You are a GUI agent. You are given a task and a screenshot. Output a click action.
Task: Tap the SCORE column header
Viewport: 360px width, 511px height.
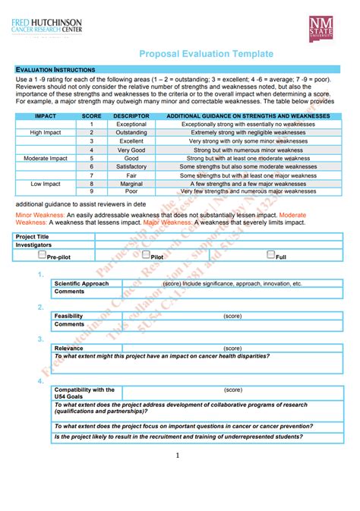[91, 116]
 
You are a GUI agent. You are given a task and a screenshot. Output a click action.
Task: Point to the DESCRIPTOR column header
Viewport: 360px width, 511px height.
[131, 116]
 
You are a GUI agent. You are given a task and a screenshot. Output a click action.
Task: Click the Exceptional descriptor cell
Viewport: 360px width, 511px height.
[131, 124]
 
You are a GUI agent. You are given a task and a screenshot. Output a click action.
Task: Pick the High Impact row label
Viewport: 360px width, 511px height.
[46, 132]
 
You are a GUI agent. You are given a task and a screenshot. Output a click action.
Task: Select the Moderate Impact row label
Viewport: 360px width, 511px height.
[46, 158]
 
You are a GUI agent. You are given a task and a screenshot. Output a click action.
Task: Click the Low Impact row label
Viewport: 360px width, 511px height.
[46, 184]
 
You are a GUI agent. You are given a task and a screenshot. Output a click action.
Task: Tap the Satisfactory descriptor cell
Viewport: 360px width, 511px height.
[131, 166]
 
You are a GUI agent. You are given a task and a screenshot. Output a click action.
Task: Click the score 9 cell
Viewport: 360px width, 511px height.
[91, 192]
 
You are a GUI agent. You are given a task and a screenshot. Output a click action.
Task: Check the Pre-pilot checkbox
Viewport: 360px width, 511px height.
[43, 256]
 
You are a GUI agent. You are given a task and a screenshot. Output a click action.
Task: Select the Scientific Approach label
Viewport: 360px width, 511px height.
[81, 283]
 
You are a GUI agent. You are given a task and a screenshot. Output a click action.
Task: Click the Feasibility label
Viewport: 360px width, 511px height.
[69, 315]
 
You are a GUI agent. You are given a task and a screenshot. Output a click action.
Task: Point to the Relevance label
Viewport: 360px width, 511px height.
[69, 348]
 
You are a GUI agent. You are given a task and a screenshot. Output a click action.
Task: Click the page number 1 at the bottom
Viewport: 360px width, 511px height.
[177, 456]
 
